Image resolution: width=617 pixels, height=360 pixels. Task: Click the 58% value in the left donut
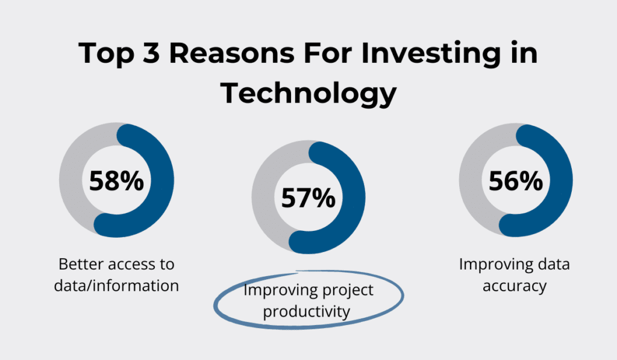116,180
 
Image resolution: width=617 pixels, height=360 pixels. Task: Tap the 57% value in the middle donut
308,198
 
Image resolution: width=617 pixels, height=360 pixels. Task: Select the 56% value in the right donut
516,181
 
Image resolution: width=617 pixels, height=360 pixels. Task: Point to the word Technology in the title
308,93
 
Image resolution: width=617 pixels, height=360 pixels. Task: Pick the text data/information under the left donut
116,285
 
